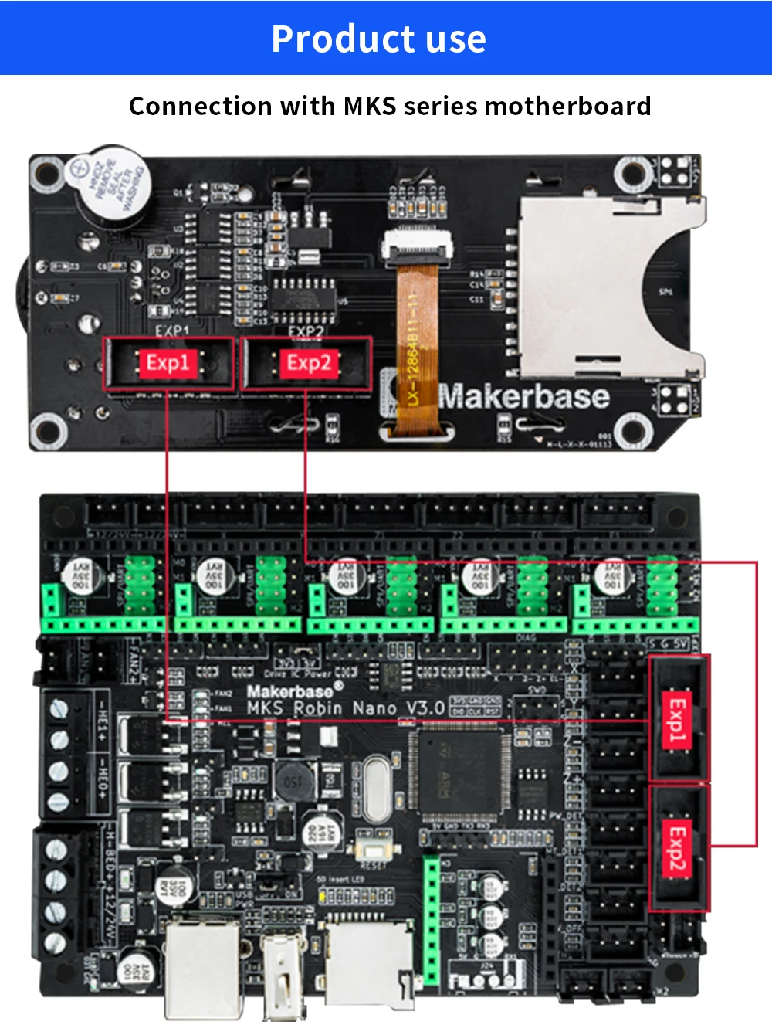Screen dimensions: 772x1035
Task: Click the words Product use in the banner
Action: pyautogui.click(x=378, y=39)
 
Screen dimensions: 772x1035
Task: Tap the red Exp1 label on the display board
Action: pyautogui.click(x=168, y=362)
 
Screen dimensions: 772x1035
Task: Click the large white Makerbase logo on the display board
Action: pyautogui.click(x=524, y=396)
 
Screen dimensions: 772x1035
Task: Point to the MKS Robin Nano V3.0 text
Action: pyautogui.click(x=346, y=708)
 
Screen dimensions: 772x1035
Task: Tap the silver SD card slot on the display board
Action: pyautogui.click(x=610, y=286)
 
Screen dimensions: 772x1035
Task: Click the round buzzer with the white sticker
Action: pyautogui.click(x=108, y=186)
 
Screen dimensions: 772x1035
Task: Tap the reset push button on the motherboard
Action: pyautogui.click(x=373, y=850)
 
